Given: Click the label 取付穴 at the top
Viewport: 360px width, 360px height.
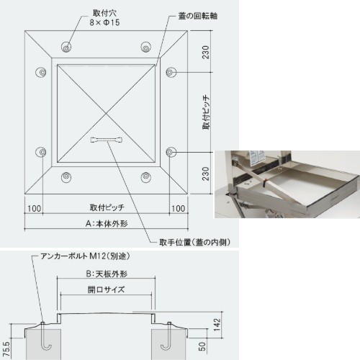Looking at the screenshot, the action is pyautogui.click(x=105, y=13).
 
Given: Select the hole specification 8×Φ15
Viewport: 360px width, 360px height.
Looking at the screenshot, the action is pyautogui.click(x=104, y=22).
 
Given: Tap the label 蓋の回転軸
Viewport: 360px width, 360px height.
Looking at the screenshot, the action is pyautogui.click(x=198, y=16).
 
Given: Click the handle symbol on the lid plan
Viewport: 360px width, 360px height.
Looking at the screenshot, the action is pyautogui.click(x=107, y=140).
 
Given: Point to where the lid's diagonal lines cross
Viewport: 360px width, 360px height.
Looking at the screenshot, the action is pyautogui.click(x=107, y=113).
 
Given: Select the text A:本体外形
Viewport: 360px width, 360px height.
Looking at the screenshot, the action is pyautogui.click(x=107, y=224).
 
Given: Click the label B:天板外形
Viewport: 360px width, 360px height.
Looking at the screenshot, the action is pyautogui.click(x=107, y=274).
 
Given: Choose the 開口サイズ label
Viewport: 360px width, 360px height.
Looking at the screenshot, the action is pyautogui.click(x=106, y=289).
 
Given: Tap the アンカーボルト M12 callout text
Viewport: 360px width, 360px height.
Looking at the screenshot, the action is pyautogui.click(x=85, y=256).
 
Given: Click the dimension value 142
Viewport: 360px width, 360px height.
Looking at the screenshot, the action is pyautogui.click(x=217, y=325).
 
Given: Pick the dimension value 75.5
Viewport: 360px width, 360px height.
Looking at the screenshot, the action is pyautogui.click(x=6, y=349).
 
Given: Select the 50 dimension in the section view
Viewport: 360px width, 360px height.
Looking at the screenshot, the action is pyautogui.click(x=202, y=346).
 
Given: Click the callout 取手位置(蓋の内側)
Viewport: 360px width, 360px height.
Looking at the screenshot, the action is pyautogui.click(x=195, y=243).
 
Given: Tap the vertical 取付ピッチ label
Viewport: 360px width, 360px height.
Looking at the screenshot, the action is pyautogui.click(x=206, y=113).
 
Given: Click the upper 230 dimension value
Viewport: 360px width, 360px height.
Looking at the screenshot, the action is pyautogui.click(x=206, y=52).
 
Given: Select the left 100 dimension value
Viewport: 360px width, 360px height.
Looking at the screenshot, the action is pyautogui.click(x=35, y=208).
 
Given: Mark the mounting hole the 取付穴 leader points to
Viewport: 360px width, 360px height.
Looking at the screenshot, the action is pyautogui.click(x=66, y=48).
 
